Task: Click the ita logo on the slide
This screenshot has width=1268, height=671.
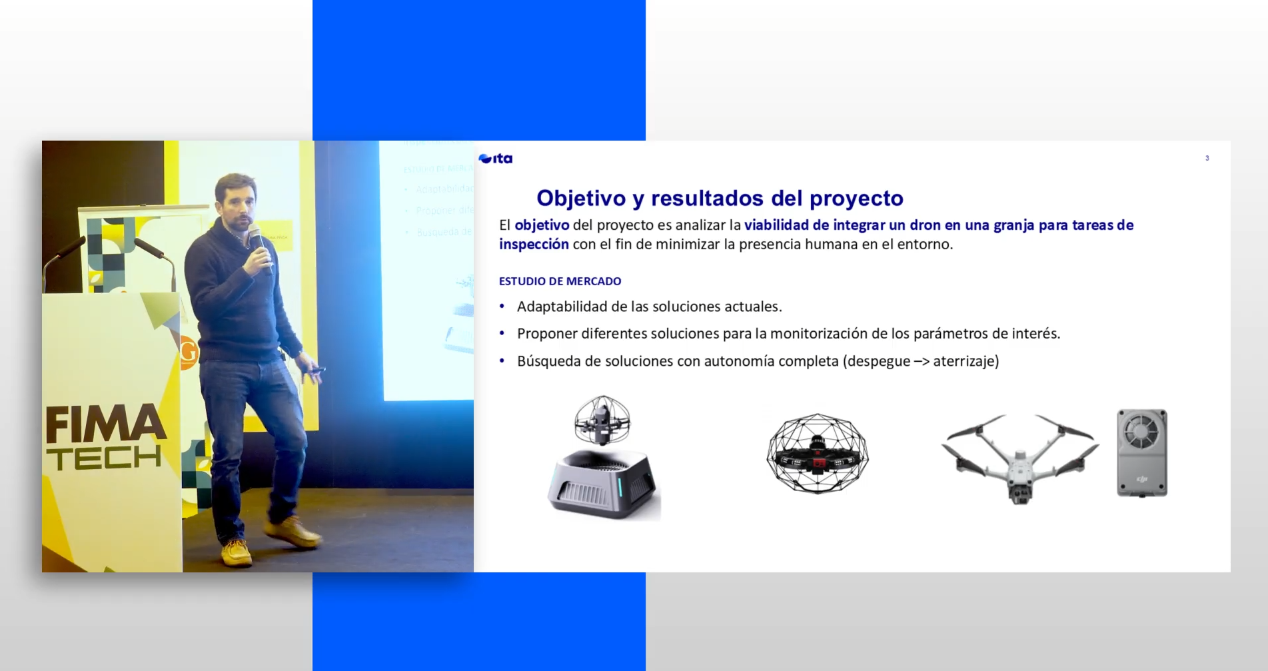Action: coord(496,159)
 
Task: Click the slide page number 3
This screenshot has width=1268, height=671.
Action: coord(1207,158)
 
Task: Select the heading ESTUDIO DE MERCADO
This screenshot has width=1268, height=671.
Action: coord(560,281)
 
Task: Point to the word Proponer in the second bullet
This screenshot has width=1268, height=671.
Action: coord(546,333)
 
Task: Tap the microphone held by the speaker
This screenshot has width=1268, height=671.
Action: coord(257,240)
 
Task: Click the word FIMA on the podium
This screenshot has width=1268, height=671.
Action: coord(105,426)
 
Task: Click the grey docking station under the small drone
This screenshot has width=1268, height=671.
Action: coord(602,484)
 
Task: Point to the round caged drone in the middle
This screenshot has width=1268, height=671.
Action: coord(818,453)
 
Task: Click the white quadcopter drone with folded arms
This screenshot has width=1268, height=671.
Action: coord(1019,456)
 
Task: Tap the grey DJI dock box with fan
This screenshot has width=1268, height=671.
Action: coord(1141,453)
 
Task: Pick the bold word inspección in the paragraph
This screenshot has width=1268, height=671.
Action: coord(534,245)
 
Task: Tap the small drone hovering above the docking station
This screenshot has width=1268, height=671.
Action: coord(602,420)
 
